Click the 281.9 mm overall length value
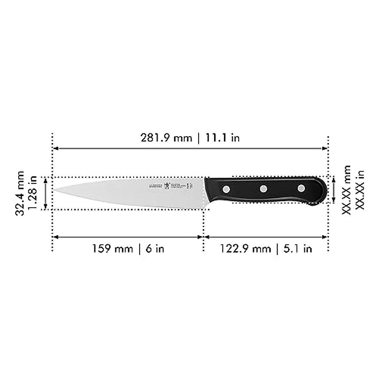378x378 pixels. tap(166, 138)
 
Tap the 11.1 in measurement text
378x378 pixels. tap(222, 138)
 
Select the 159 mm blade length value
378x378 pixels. tap(112, 249)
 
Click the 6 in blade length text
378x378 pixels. tap(155, 249)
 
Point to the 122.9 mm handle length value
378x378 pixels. tap(245, 249)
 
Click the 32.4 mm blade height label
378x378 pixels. tap(20, 193)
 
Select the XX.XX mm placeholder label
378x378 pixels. tap(346, 190)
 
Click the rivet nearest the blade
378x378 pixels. tap(226, 189)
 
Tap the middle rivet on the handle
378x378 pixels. tap(263, 189)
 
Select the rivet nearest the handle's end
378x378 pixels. tap(301, 188)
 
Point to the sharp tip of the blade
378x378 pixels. tap(54, 190)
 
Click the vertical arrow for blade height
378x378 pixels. tap(46, 193)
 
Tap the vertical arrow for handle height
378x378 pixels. tap(334, 190)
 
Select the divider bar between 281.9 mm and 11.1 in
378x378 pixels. tap(198, 138)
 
